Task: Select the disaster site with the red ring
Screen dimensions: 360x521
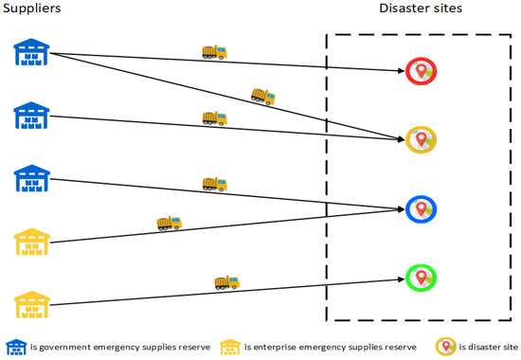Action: coord(422,71)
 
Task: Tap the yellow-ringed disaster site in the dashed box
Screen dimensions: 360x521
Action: coord(422,140)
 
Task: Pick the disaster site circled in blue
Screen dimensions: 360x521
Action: coord(422,208)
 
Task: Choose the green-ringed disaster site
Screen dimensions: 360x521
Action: coord(422,278)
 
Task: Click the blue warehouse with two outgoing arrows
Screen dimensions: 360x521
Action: coord(31,53)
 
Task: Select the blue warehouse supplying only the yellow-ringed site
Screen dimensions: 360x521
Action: coord(31,116)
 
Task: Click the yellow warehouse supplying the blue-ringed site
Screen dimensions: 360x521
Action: coord(31,243)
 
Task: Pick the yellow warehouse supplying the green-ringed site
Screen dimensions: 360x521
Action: coord(31,306)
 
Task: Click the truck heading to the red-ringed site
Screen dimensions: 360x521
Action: coord(215,53)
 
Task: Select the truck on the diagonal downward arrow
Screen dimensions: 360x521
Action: coord(263,95)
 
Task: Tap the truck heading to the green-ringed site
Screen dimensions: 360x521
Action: coord(227,281)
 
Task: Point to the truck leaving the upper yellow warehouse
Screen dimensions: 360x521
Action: coord(169,224)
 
